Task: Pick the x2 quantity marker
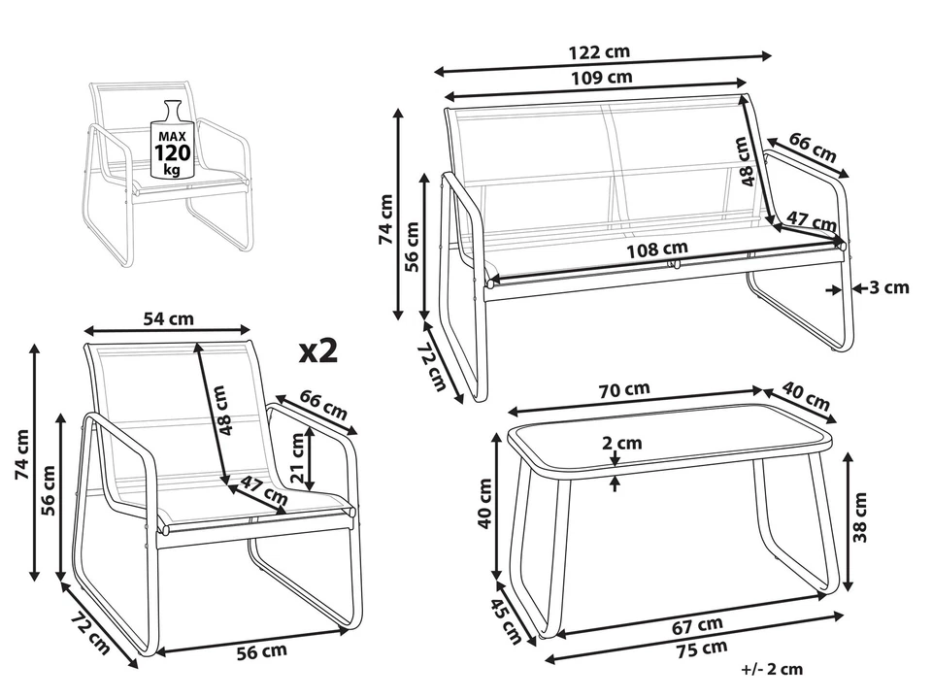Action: click(x=318, y=351)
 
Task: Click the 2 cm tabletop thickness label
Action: click(x=622, y=443)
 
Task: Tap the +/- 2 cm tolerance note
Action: click(x=772, y=669)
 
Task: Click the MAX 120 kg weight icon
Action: click(x=173, y=141)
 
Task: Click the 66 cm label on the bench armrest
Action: click(x=812, y=149)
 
